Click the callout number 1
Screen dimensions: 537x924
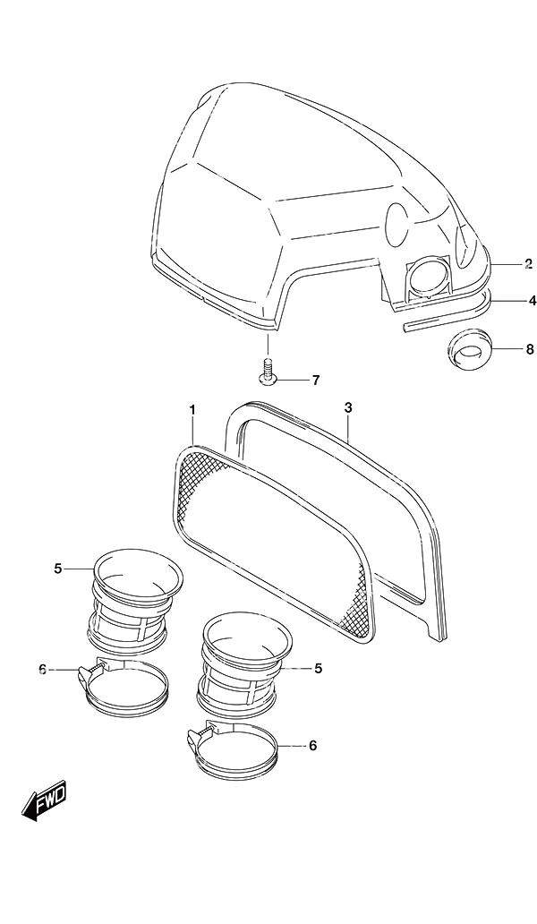tap(192, 409)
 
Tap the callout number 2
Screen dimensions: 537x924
tap(528, 263)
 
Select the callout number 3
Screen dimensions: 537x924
tap(348, 407)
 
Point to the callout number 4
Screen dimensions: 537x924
tap(533, 301)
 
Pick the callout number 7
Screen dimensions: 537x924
tap(316, 381)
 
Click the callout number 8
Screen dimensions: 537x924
tap(529, 349)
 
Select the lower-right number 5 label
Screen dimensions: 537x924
tap(318, 668)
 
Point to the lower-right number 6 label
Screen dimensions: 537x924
tap(312, 746)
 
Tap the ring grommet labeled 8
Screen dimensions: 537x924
tap(467, 349)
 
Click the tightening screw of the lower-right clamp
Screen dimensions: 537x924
tap(200, 736)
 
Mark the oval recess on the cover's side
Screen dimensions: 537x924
tap(396, 224)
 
